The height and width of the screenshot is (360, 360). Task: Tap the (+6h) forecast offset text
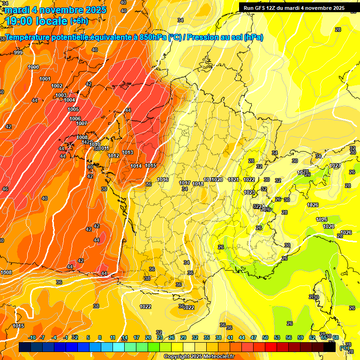(78, 21)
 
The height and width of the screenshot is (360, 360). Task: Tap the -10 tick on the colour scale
(32, 337)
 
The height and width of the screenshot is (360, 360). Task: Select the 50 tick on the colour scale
(265, 337)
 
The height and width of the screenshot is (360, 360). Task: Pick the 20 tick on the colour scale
(148, 337)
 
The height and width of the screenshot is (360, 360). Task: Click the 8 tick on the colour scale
(100, 337)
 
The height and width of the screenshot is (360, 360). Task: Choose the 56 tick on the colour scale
(289, 337)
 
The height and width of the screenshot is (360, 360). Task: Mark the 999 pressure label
(18, 52)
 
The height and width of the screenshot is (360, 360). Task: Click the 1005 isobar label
(73, 109)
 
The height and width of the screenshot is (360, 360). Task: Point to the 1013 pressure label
(127, 152)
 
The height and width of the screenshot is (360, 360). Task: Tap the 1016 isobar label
(163, 180)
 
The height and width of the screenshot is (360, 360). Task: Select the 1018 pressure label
(198, 184)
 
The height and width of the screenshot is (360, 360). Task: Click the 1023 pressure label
(249, 192)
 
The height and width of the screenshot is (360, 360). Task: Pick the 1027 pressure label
(335, 166)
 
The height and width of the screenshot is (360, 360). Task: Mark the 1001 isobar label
(45, 79)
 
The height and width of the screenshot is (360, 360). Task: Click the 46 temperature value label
(5, 189)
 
